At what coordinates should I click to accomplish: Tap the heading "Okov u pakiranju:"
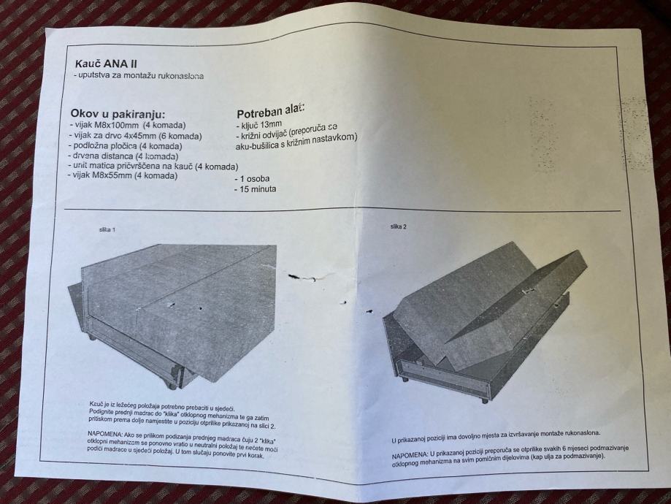tap(118, 115)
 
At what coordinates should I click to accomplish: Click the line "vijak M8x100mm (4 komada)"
tap(127, 126)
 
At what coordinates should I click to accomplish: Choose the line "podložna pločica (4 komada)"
tap(126, 146)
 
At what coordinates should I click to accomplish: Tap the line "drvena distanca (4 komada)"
tap(123, 156)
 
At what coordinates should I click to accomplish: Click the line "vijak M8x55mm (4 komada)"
tap(123, 175)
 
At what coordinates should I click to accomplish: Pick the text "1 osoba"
tap(252, 179)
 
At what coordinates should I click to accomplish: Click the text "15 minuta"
tap(255, 189)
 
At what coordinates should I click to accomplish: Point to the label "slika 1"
tap(107, 229)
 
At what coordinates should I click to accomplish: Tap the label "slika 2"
tap(398, 226)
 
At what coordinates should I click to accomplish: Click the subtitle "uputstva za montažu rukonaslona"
tap(138, 76)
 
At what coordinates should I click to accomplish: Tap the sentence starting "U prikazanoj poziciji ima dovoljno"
tap(496, 437)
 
